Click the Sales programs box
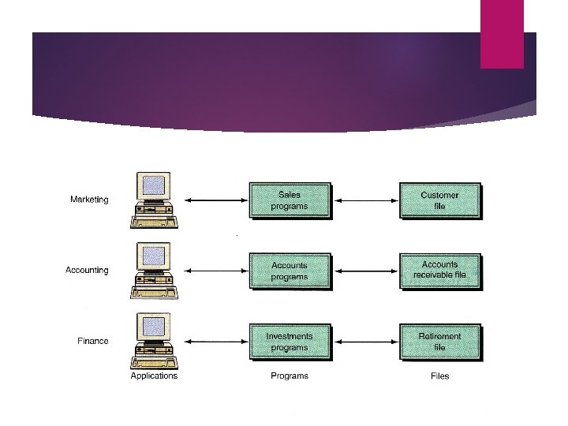[x=290, y=200]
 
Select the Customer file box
[x=439, y=200]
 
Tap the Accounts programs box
[x=290, y=271]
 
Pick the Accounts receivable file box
[x=439, y=271]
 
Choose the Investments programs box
[x=290, y=342]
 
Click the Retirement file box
[x=439, y=342]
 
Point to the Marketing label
[x=89, y=200]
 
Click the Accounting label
[x=87, y=270]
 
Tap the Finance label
[x=93, y=341]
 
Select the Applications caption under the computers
[x=154, y=376]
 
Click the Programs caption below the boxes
[x=290, y=376]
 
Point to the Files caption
[x=440, y=376]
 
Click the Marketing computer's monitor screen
[x=155, y=185]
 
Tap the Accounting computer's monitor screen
[x=155, y=256]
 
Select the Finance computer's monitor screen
[x=155, y=326]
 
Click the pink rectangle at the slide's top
[x=502, y=34]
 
